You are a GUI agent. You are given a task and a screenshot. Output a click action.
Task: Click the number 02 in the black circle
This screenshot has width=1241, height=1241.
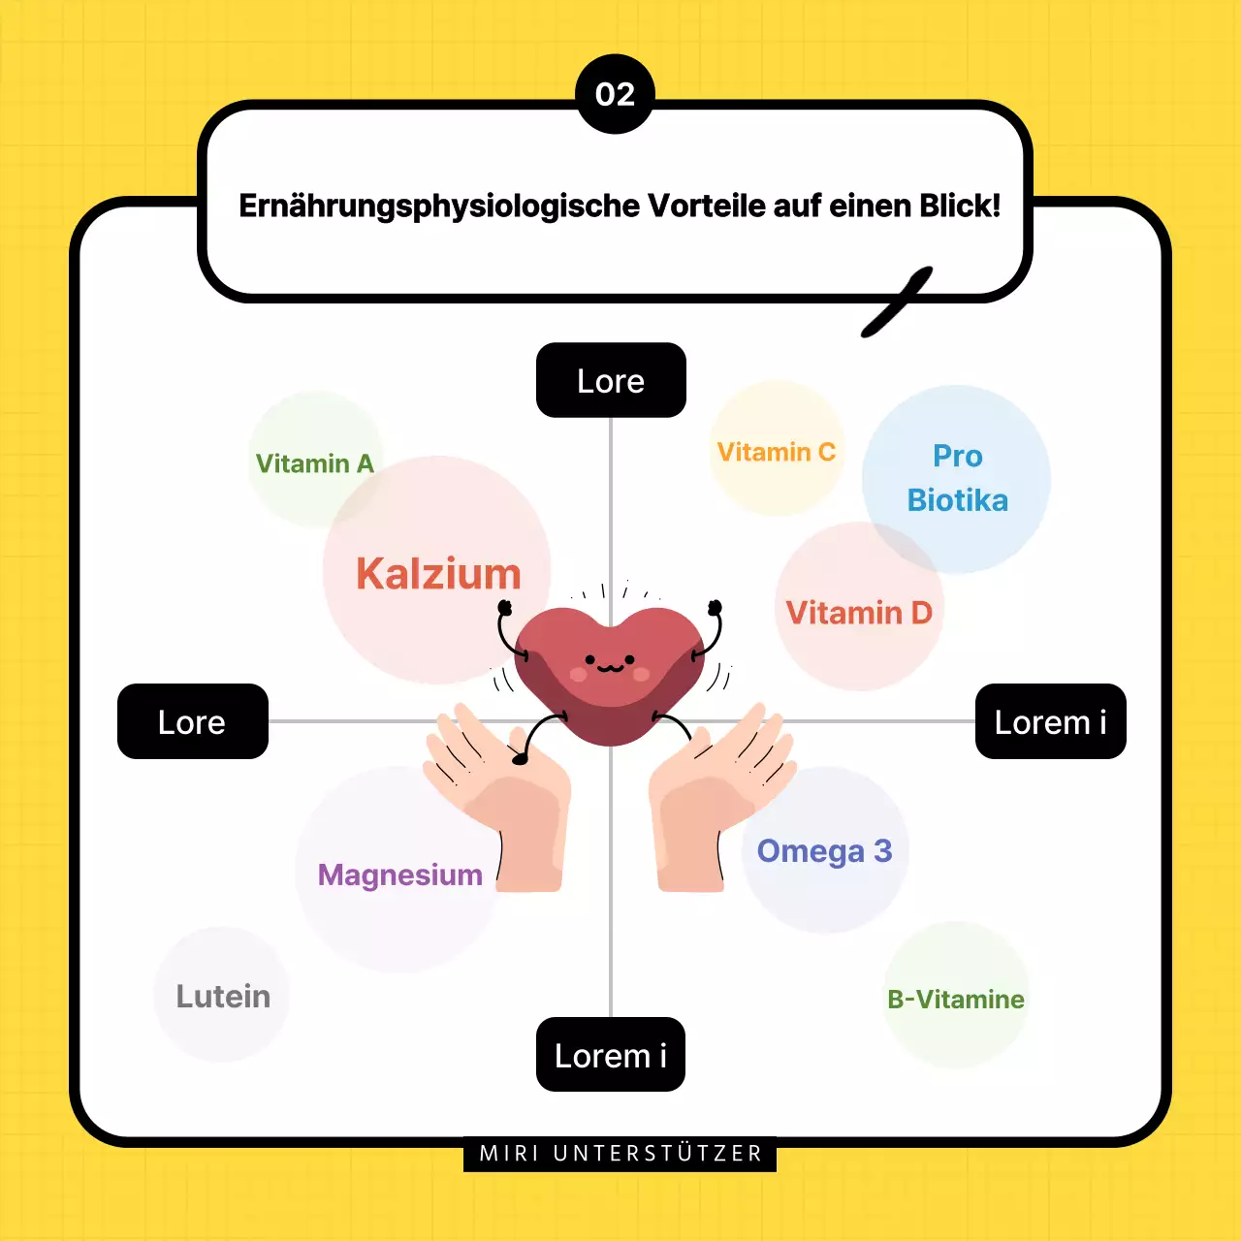tap(615, 95)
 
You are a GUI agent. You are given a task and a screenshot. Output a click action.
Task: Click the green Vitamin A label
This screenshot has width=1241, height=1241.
tap(314, 463)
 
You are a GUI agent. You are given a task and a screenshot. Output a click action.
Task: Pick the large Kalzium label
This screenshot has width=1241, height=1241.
tap(438, 574)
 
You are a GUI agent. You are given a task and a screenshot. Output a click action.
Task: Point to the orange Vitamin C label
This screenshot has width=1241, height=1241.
tap(776, 452)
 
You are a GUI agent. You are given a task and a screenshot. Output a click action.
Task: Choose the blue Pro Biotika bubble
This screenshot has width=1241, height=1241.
tap(957, 478)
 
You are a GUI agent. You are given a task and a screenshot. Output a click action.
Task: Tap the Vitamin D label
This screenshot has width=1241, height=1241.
tap(859, 613)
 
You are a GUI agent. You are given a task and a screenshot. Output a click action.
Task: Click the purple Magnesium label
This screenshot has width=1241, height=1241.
tap(399, 875)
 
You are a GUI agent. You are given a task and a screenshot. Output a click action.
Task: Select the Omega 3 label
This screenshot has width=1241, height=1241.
tap(824, 850)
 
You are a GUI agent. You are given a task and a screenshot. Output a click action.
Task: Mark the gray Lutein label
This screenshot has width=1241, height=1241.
tap(223, 996)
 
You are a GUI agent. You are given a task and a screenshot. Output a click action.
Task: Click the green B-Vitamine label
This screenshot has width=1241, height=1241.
tap(956, 999)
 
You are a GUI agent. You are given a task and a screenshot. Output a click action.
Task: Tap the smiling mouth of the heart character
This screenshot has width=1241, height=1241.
tap(610, 668)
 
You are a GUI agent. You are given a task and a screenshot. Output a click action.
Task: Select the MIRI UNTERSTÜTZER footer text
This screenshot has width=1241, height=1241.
tap(620, 1154)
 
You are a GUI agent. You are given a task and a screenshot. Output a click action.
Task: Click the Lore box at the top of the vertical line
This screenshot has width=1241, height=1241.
tap(611, 380)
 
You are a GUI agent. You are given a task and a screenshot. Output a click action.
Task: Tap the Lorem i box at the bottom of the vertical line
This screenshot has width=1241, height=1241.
tap(611, 1055)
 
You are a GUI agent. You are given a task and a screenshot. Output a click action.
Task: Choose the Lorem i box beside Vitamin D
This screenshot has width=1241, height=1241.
tap(1050, 721)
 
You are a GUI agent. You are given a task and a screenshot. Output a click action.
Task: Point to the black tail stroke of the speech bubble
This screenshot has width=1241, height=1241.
tap(898, 302)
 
